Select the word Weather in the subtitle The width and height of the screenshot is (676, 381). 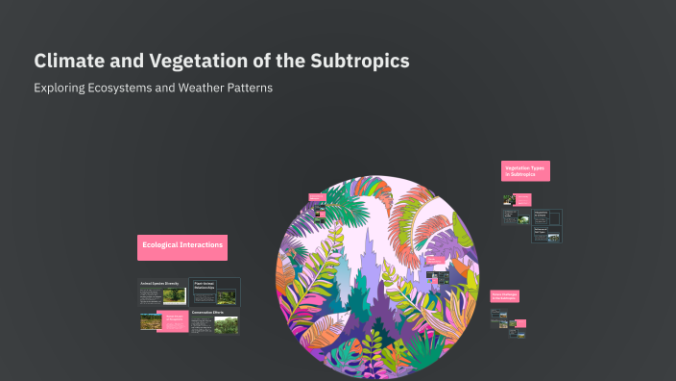[198, 88]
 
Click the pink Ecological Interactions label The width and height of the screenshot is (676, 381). [182, 246]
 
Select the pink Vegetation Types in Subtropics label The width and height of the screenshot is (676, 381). [524, 171]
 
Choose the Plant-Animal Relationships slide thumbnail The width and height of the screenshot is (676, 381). [214, 292]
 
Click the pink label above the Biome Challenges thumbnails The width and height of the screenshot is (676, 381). [506, 296]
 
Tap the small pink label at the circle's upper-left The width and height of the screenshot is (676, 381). [316, 197]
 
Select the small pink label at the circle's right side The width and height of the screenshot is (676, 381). [435, 260]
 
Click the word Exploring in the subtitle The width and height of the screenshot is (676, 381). [57, 88]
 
